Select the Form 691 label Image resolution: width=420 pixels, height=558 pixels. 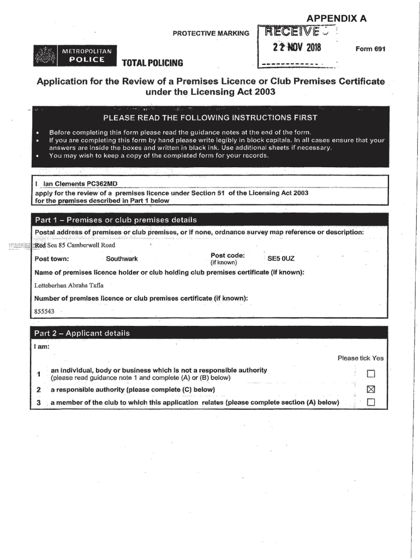(370, 49)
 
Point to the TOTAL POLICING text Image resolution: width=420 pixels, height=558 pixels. (152, 63)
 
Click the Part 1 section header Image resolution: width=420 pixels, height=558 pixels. (115, 220)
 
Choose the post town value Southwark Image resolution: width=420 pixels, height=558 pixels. (122, 259)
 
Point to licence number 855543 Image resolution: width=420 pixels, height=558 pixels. (44, 311)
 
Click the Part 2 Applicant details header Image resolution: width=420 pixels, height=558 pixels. (82, 333)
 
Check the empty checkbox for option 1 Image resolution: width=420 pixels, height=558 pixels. (371, 374)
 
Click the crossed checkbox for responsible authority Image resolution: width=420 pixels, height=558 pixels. (371, 390)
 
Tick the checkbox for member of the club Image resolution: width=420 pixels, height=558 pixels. (371, 403)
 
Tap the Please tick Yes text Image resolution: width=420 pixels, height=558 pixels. (361, 358)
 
